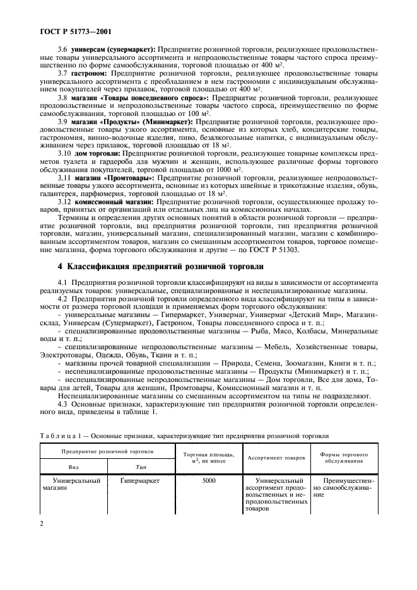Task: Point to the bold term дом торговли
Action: click(99, 153)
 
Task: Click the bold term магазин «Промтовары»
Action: click(114, 178)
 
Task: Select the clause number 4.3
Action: click(64, 395)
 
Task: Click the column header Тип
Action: click(141, 466)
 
